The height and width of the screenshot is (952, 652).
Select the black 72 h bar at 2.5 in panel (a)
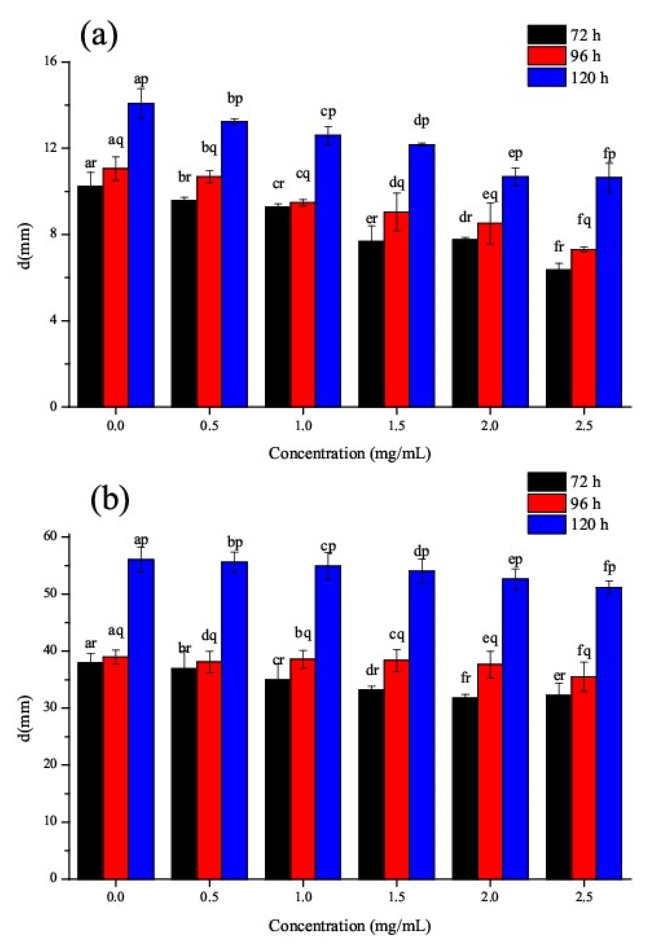pyautogui.click(x=558, y=338)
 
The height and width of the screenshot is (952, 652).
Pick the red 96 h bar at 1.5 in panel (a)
pyautogui.click(x=396, y=309)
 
